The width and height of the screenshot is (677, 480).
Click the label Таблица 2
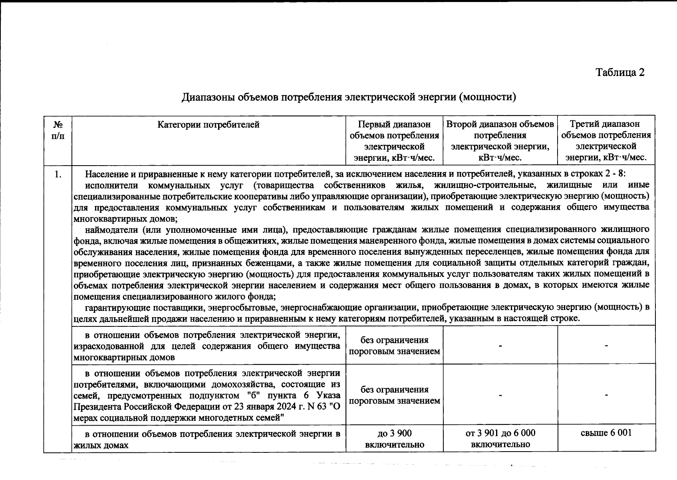620,72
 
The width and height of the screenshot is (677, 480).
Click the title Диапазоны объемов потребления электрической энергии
349,97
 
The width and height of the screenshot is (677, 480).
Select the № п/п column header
58,130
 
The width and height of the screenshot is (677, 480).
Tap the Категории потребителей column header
208,125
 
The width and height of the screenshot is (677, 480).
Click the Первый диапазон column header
394,141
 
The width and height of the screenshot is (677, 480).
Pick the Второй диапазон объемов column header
500,141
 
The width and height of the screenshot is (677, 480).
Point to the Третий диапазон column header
606,141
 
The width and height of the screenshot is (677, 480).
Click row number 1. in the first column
58,174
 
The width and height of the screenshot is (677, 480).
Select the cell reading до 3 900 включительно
394,439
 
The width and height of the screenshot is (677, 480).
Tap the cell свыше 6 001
606,433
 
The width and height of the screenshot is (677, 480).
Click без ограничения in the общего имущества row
394,346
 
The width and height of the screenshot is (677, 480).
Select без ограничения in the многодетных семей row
394,395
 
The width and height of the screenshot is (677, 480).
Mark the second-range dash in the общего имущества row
500,346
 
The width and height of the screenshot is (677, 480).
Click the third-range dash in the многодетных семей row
606,395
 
